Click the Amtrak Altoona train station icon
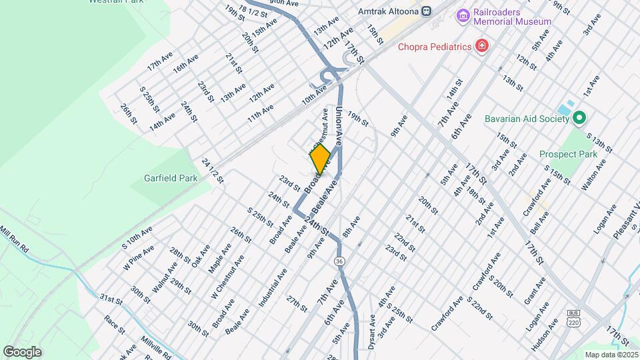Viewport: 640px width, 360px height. (425, 11)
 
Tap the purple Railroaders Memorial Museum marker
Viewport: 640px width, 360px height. (461, 15)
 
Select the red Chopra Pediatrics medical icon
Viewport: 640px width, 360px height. (481, 46)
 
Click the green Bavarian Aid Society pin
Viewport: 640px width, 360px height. (579, 119)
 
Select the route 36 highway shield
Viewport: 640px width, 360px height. (340, 260)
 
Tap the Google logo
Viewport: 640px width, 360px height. (22, 352)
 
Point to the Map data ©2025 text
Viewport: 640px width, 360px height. (611, 355)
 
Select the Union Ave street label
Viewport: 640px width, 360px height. (339, 126)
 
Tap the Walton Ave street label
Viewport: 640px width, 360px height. (593, 175)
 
